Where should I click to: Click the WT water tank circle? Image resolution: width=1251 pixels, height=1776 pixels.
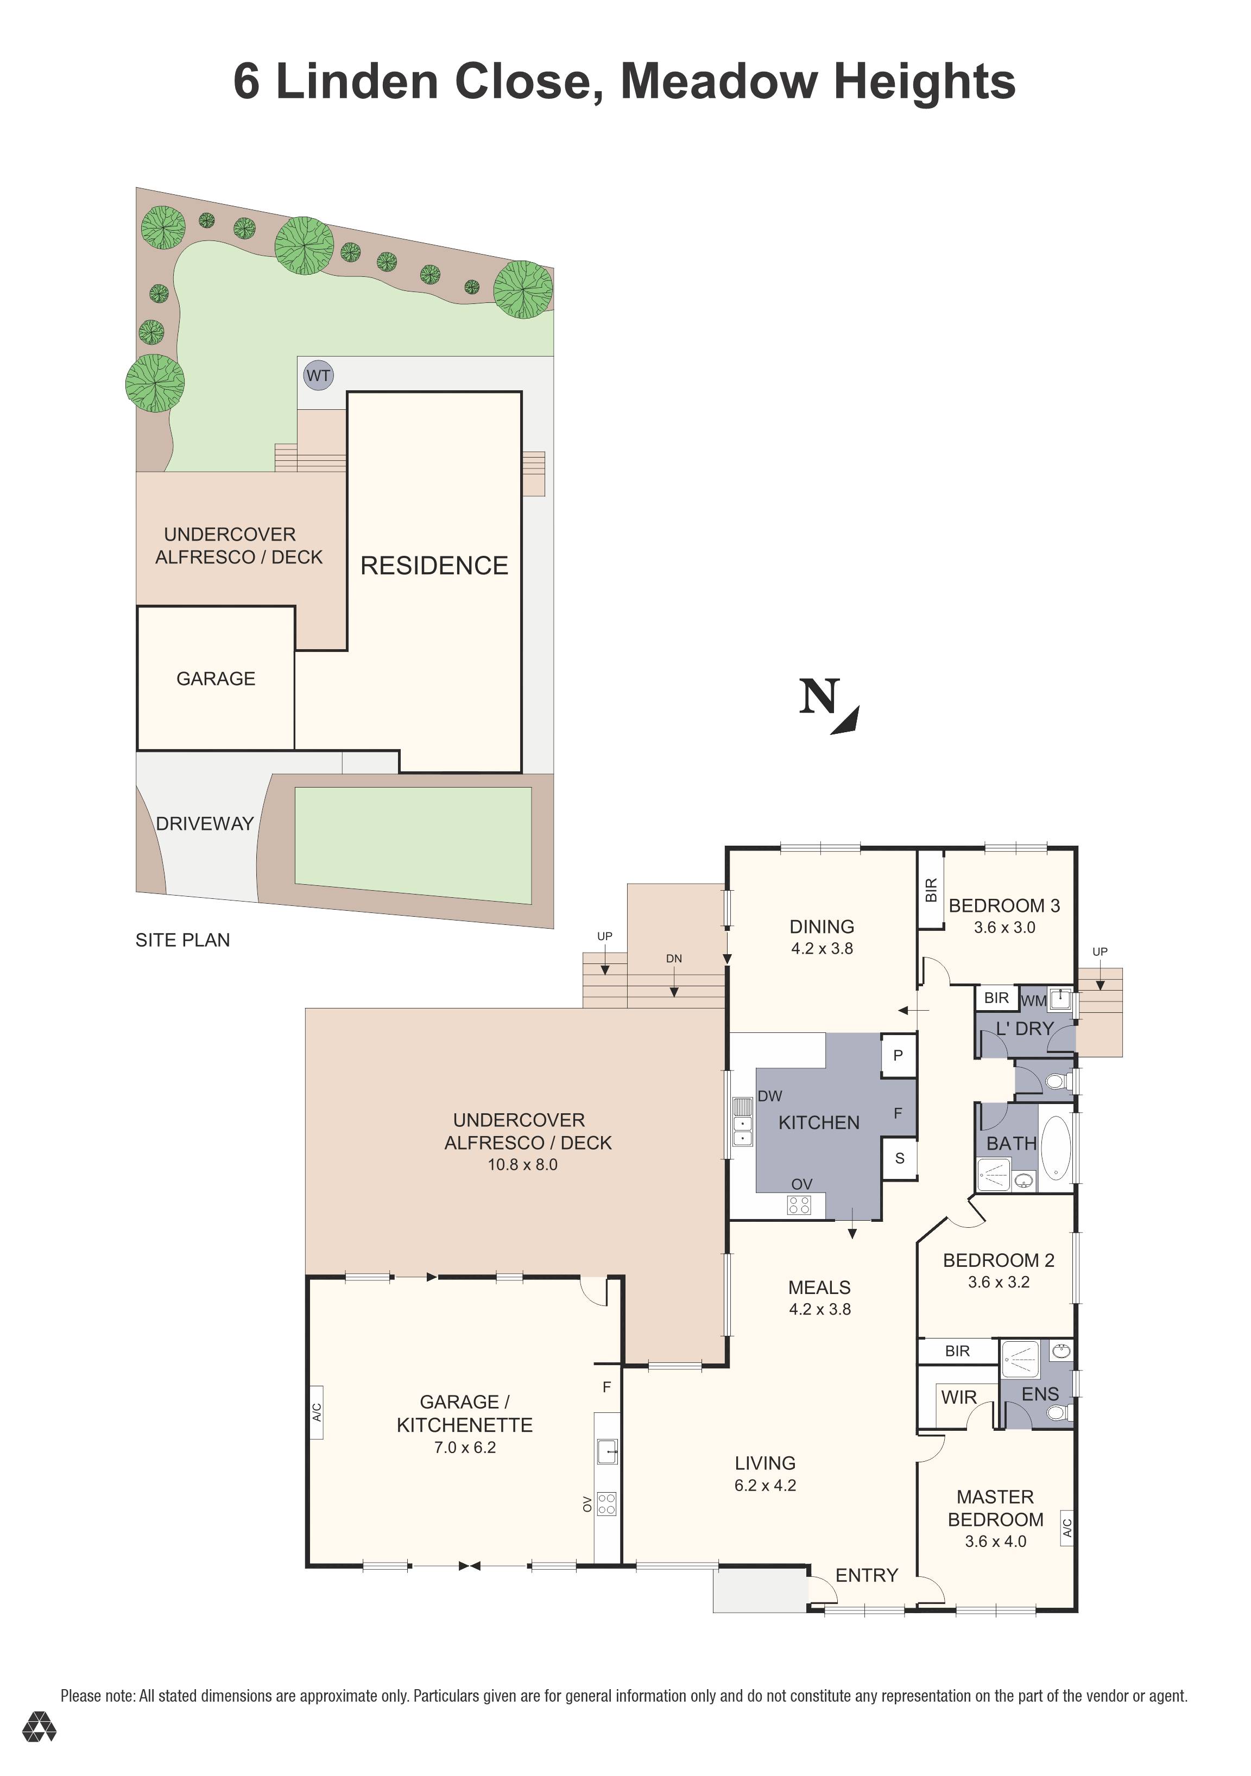(318, 376)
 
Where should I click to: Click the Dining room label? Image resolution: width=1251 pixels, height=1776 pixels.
(822, 926)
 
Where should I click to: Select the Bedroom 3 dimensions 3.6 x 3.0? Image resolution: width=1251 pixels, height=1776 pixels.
(1004, 928)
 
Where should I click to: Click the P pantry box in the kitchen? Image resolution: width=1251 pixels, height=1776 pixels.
(898, 1055)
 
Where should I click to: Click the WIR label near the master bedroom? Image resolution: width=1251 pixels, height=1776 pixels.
(958, 1397)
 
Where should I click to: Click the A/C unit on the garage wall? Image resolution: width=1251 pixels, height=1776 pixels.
(315, 1412)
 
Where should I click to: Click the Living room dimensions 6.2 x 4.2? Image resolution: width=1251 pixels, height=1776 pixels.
(765, 1485)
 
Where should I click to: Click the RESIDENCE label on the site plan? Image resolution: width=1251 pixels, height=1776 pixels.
(434, 566)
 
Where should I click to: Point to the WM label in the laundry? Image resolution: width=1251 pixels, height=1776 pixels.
(1034, 1000)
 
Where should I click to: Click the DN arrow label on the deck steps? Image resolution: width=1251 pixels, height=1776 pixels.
(674, 959)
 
